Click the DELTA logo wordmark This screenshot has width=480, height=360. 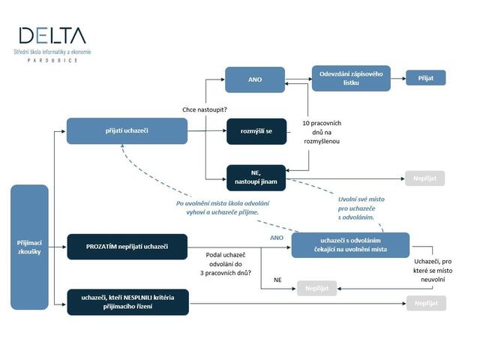pyautogui.click(x=52, y=35)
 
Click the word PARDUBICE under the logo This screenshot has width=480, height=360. pyautogui.click(x=52, y=60)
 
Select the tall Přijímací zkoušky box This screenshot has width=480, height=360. pyautogui.click(x=29, y=247)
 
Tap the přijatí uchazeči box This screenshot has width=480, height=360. pyautogui.click(x=127, y=130)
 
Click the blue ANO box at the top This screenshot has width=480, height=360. pyautogui.click(x=255, y=79)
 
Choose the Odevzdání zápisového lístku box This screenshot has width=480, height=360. pyautogui.click(x=351, y=79)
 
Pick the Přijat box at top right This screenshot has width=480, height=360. pyautogui.click(x=426, y=77)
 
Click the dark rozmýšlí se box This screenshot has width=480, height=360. pyautogui.click(x=256, y=130)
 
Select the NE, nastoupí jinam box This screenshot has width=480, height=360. pyautogui.click(x=256, y=177)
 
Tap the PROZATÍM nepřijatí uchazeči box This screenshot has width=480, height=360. pyautogui.click(x=127, y=246)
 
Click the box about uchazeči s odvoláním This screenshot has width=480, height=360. pyautogui.click(x=351, y=245)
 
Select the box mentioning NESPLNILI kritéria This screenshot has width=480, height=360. pyautogui.click(x=127, y=302)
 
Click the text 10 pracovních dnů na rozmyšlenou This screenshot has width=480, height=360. pyautogui.click(x=321, y=131)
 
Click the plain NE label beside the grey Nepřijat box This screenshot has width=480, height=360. pyautogui.click(x=277, y=279)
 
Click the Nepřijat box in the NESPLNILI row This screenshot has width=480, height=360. pyautogui.click(x=425, y=303)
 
